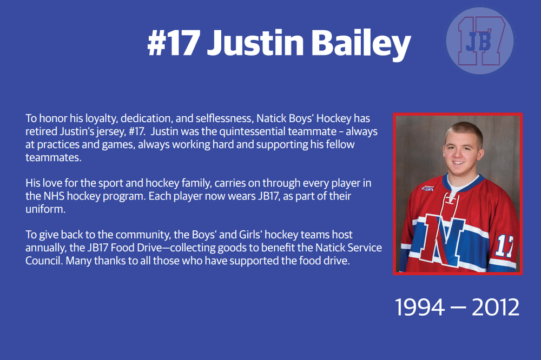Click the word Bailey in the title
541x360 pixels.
[361, 44]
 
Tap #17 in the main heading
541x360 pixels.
[174, 43]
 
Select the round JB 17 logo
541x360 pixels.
[479, 41]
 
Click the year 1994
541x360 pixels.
[419, 307]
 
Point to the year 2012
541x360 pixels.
[495, 307]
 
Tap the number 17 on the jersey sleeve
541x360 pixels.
[504, 245]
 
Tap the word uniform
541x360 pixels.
[45, 209]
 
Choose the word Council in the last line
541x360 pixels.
[44, 261]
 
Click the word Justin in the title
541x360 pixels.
[255, 43]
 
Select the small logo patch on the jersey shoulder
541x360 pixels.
[427, 188]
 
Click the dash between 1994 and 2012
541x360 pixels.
[458, 307]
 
